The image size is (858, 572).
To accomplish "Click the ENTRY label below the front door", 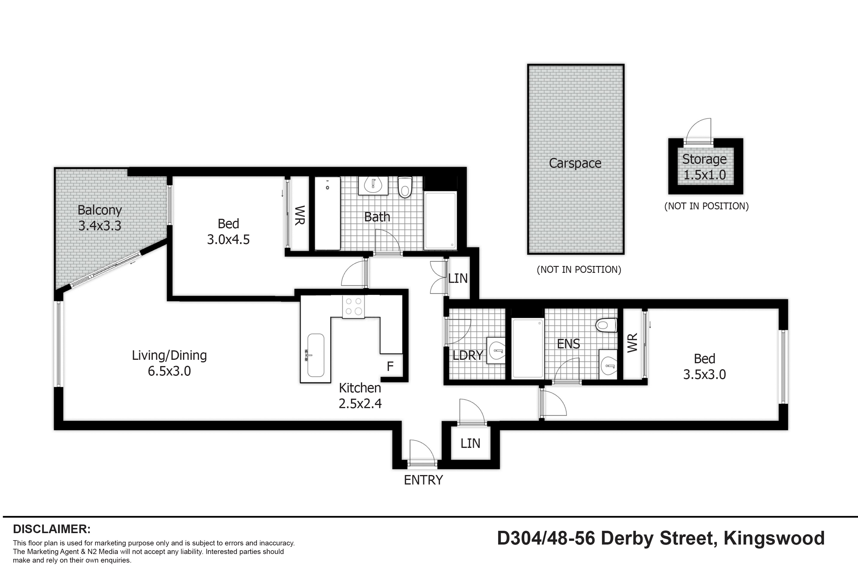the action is click(x=423, y=480).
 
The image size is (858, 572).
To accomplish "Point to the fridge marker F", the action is click(x=390, y=366).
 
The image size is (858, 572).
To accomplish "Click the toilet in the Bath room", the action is click(x=405, y=187).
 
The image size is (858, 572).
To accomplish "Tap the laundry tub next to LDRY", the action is click(x=496, y=351).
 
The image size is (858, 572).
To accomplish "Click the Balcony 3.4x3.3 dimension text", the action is click(x=100, y=226).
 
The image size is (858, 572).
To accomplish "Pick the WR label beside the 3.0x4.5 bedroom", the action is click(x=299, y=215).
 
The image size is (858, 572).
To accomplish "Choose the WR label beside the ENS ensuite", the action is click(x=632, y=343).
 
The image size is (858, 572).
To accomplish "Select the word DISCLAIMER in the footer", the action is click(x=52, y=529).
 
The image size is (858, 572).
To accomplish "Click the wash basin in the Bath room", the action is click(x=373, y=185).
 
